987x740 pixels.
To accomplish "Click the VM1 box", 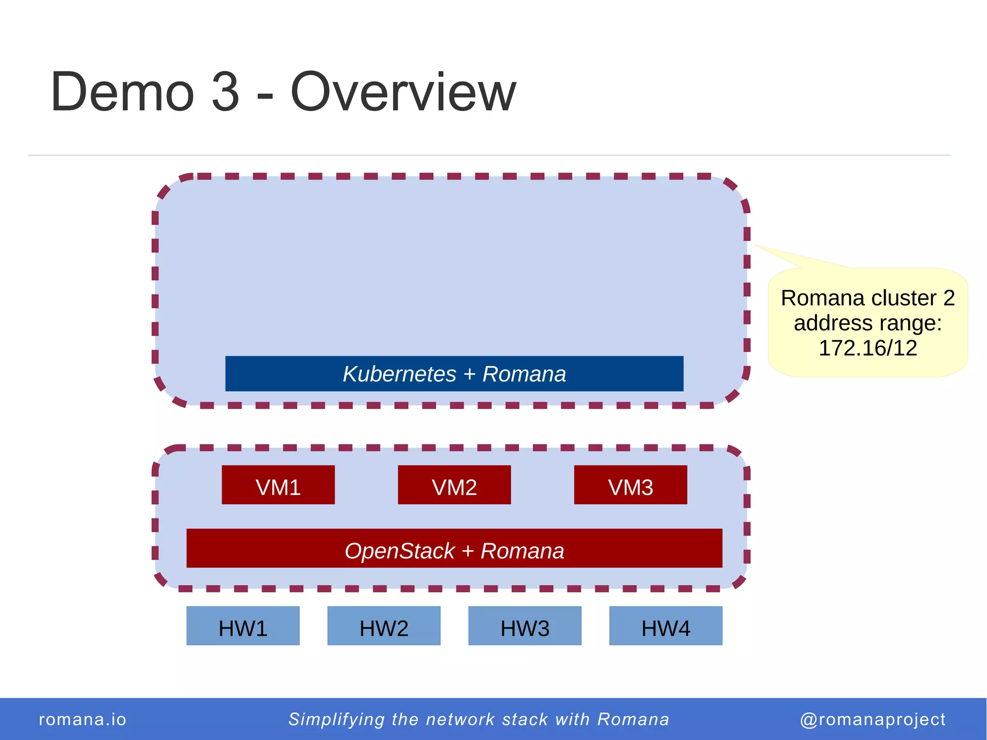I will [x=278, y=485].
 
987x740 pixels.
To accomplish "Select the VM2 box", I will [x=454, y=485].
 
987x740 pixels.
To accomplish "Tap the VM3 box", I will [x=630, y=485].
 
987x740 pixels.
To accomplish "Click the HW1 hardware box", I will [x=243, y=626].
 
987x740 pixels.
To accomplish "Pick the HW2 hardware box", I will [x=384, y=626].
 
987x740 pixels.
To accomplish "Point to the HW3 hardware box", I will [x=525, y=626].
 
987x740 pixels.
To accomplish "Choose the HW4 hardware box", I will [x=666, y=626].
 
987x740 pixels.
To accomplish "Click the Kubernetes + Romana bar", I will [x=454, y=374].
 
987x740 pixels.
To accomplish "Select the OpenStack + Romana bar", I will [x=454, y=548].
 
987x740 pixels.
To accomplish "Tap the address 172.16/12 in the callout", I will [x=867, y=348].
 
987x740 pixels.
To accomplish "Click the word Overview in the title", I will [x=403, y=92].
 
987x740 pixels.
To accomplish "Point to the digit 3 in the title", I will [x=225, y=92].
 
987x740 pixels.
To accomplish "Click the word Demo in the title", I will [x=122, y=92].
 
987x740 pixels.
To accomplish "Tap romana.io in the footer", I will [x=82, y=719].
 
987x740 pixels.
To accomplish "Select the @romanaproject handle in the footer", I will [x=872, y=719].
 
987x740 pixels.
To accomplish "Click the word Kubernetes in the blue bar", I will [x=399, y=374].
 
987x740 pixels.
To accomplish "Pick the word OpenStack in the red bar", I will [x=400, y=551].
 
